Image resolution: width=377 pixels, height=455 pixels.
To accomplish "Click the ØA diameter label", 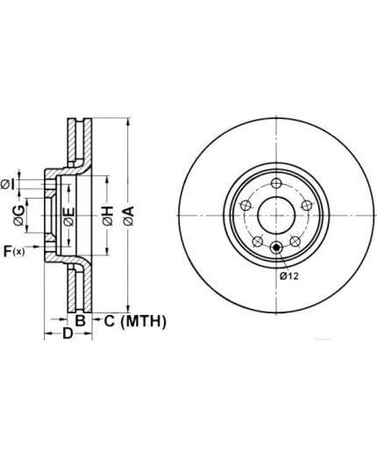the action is pyautogui.click(x=128, y=215).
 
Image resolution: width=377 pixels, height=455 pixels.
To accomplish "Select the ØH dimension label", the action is pyautogui.click(x=108, y=216).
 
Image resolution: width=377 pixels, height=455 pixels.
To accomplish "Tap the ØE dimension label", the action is pyautogui.click(x=68, y=217).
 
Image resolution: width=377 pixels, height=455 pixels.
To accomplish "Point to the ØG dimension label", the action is pyautogui.click(x=18, y=215).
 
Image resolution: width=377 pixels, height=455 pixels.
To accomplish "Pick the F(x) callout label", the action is pyautogui.click(x=14, y=251).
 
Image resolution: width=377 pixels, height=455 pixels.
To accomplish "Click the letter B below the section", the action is pyautogui.click(x=80, y=321).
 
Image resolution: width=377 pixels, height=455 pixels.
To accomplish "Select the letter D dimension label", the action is pyautogui.click(x=68, y=333).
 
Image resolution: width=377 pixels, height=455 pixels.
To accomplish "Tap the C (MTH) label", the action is pyautogui.click(x=135, y=321).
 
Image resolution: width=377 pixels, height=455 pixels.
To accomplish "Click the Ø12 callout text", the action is pyautogui.click(x=289, y=276).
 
